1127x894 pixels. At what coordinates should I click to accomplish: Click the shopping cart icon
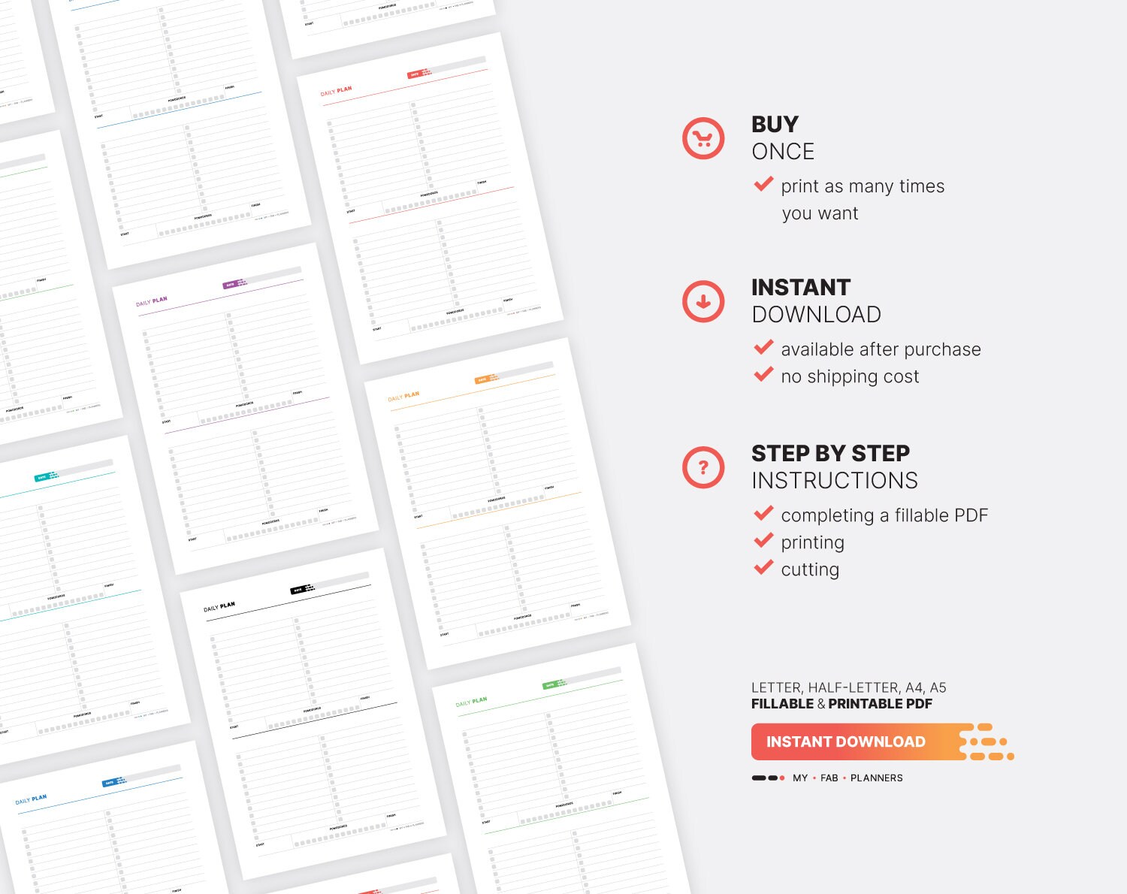tap(703, 138)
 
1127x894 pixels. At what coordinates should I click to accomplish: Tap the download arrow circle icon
tap(703, 301)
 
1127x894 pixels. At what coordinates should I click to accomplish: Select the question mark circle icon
tap(703, 467)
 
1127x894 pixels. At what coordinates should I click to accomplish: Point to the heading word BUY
tap(775, 124)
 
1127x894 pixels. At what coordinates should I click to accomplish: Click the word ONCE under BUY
tap(783, 152)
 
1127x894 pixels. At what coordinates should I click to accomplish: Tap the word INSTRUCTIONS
tap(835, 481)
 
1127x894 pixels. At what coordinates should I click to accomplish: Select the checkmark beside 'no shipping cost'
tap(763, 374)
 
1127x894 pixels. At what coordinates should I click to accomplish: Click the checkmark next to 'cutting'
tap(763, 567)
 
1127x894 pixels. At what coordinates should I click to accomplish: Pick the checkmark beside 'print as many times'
tap(763, 184)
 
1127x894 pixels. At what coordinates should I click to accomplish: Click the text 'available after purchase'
tap(881, 349)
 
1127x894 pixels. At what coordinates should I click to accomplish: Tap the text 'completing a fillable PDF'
tap(884, 515)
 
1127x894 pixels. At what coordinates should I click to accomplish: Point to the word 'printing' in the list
tap(812, 542)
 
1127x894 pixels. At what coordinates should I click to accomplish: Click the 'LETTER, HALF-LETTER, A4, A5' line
tap(848, 687)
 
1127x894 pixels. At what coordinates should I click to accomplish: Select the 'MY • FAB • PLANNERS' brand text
tap(848, 778)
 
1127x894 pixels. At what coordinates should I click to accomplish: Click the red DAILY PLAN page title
tap(336, 92)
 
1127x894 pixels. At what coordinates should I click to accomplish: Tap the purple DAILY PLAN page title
tap(151, 302)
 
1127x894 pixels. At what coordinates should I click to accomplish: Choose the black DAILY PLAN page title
tap(219, 607)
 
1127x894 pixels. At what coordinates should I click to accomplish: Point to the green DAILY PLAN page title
tap(471, 702)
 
